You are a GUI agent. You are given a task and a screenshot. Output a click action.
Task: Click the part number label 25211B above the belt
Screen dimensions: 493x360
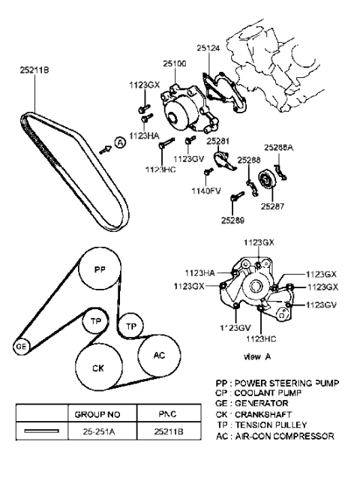coord(34,72)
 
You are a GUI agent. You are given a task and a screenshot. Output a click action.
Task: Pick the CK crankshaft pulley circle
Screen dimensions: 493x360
coord(97,368)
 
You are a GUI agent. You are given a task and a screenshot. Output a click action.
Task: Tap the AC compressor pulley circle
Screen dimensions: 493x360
coord(159,355)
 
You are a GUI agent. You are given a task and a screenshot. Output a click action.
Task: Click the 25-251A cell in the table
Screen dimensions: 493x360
coord(93,432)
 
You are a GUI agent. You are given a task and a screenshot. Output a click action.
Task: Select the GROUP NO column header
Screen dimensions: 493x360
coord(94,413)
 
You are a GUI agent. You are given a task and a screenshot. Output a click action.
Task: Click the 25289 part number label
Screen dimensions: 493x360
coord(232,220)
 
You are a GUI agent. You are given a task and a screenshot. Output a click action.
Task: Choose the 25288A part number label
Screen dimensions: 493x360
coord(278,149)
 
